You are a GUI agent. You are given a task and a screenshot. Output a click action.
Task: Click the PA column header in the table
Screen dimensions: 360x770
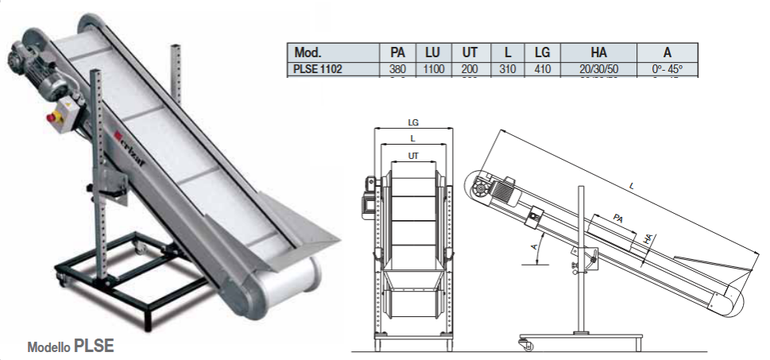pyautogui.click(x=398, y=52)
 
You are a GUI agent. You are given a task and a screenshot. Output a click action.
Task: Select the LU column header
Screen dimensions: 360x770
pyautogui.click(x=433, y=52)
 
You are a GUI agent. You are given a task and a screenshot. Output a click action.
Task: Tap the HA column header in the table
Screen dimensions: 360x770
pyautogui.click(x=598, y=52)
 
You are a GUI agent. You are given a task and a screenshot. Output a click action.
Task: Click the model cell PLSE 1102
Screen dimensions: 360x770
pyautogui.click(x=318, y=69)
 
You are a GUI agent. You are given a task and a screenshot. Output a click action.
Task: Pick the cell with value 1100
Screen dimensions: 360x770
pyautogui.click(x=433, y=69)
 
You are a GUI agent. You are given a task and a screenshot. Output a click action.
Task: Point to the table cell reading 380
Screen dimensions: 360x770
pyautogui.click(x=398, y=69)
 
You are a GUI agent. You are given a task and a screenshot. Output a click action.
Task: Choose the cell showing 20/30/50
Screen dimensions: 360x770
pyautogui.click(x=598, y=69)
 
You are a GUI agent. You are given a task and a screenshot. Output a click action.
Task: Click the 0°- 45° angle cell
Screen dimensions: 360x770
pyautogui.click(x=667, y=69)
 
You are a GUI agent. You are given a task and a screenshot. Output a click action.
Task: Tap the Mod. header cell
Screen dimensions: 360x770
pyautogui.click(x=308, y=52)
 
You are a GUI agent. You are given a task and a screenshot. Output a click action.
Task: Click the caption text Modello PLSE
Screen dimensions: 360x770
pyautogui.click(x=71, y=346)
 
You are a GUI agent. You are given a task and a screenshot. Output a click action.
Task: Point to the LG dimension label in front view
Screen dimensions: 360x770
pyautogui.click(x=413, y=123)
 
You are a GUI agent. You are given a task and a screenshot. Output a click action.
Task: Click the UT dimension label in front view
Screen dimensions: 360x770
pyautogui.click(x=413, y=156)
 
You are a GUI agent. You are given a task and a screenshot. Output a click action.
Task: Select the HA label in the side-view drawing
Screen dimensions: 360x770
pyautogui.click(x=648, y=237)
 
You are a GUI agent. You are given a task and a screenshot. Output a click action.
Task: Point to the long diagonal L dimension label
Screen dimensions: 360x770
pyautogui.click(x=633, y=185)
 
